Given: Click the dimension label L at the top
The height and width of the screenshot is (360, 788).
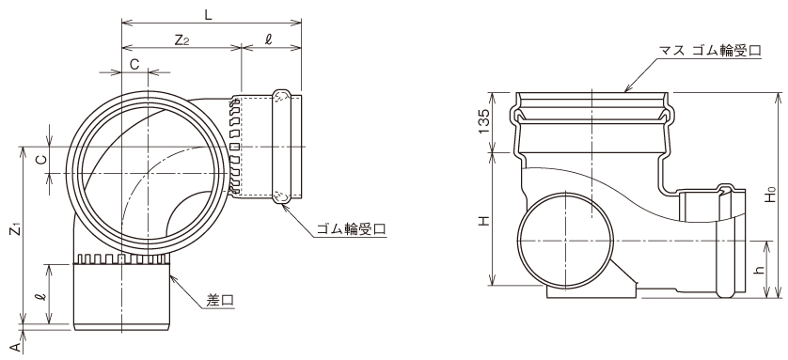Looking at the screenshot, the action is coord(208,14).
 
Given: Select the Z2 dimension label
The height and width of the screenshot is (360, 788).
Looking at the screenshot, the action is coord(181,40).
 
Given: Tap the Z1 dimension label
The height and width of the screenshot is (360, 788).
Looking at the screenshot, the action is coord(17,230).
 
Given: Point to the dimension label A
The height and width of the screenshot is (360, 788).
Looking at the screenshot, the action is coord(16,347).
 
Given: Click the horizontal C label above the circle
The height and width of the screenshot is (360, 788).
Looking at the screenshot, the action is coord(134,64).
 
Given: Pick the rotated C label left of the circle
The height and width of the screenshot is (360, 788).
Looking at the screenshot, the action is coord(42,160).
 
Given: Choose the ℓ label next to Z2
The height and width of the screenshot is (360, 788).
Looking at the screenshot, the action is coord(268,40).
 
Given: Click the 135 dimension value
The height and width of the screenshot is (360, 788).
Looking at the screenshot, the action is coord(483,121).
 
